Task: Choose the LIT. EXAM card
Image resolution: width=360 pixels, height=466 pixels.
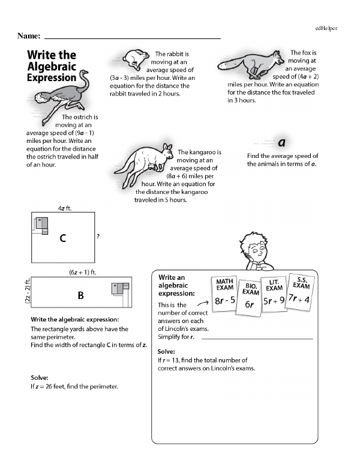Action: pyautogui.click(x=274, y=295)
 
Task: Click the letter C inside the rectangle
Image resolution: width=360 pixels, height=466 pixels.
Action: pyautogui.click(x=62, y=238)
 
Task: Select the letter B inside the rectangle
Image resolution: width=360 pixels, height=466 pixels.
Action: pyautogui.click(x=80, y=295)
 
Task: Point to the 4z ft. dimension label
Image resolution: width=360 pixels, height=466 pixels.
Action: pyautogui.click(x=65, y=208)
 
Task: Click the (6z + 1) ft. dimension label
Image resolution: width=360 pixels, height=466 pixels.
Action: pyautogui.click(x=83, y=272)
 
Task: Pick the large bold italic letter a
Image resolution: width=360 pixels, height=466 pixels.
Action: pyautogui.click(x=281, y=142)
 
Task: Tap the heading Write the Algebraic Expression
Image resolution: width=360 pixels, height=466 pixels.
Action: pyautogui.click(x=52, y=65)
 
